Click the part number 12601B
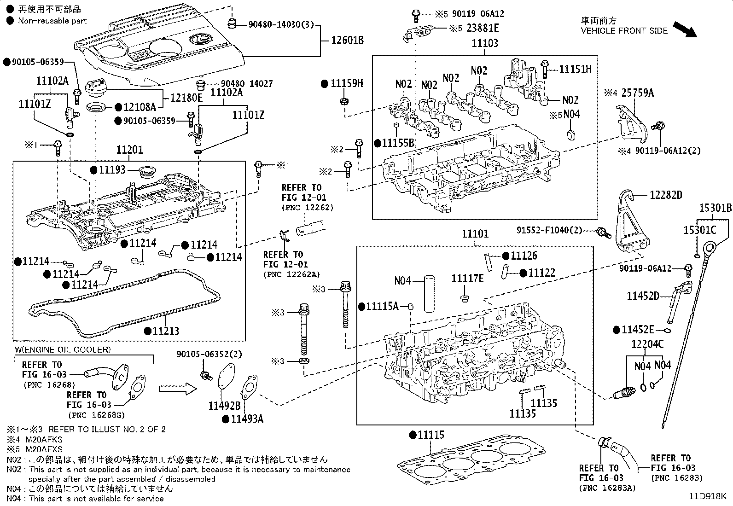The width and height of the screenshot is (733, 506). pyautogui.click(x=347, y=40)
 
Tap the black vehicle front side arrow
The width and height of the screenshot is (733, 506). pyautogui.click(x=685, y=29)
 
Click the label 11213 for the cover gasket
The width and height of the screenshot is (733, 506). pyautogui.click(x=166, y=331)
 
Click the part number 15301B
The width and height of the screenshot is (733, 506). pyautogui.click(x=716, y=208)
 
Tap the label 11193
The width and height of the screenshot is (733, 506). pyautogui.click(x=112, y=169)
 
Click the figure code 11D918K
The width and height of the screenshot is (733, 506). pyautogui.click(x=708, y=496)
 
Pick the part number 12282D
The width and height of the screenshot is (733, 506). pyautogui.click(x=666, y=195)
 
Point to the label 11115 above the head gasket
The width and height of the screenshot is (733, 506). pyautogui.click(x=431, y=435)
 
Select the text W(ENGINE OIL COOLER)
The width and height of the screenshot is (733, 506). pyautogui.click(x=63, y=349)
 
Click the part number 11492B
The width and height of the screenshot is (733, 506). pyautogui.click(x=225, y=406)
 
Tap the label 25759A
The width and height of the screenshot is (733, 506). pyautogui.click(x=637, y=93)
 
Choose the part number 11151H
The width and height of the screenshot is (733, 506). pyautogui.click(x=575, y=70)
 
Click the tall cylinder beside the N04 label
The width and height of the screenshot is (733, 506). pyautogui.click(x=429, y=294)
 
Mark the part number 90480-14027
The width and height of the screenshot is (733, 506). pyautogui.click(x=247, y=84)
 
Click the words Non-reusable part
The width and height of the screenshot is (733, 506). pyautogui.click(x=52, y=21)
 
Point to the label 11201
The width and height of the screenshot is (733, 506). pyautogui.click(x=129, y=150)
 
